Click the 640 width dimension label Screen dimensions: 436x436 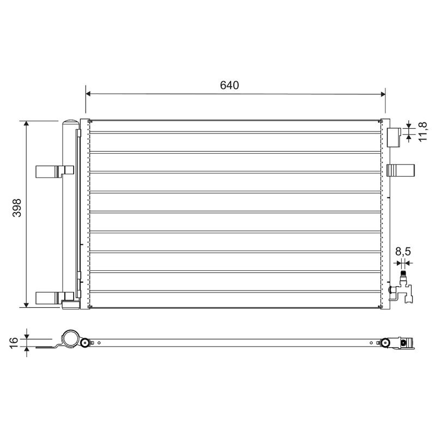click(229, 86)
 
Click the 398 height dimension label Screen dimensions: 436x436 click(17, 208)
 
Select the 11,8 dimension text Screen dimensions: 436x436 click(423, 131)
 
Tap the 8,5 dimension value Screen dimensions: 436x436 click(403, 252)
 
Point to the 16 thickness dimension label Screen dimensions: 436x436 click(14, 342)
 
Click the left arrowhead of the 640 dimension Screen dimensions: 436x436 click(88, 94)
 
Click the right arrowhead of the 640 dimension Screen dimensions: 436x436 click(383, 94)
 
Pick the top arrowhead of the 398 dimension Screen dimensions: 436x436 click(26, 124)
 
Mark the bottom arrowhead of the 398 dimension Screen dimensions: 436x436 click(26, 305)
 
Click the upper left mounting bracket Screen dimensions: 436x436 click(55, 172)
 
